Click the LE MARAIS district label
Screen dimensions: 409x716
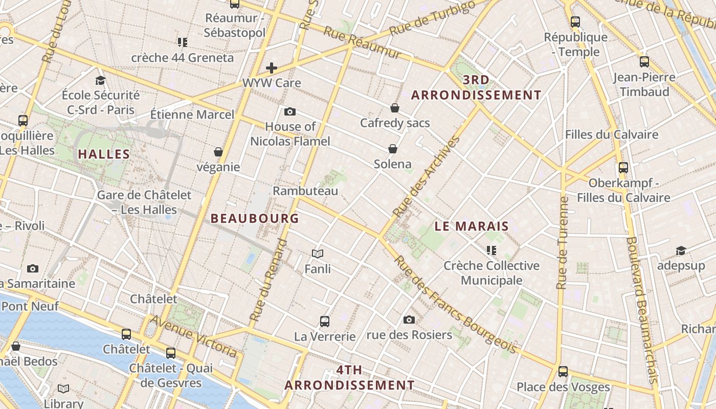click(472, 226)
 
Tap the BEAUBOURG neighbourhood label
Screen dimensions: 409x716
click(255, 218)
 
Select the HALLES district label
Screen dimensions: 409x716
click(104, 154)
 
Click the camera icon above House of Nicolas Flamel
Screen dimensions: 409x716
click(290, 112)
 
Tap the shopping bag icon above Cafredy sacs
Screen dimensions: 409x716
click(395, 108)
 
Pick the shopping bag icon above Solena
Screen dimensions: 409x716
click(393, 149)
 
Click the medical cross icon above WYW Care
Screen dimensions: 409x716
click(272, 68)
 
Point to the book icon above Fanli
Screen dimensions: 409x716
click(318, 254)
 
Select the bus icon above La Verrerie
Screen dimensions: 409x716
click(325, 322)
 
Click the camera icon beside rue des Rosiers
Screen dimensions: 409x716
click(409, 320)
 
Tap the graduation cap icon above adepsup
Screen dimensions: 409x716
click(681, 251)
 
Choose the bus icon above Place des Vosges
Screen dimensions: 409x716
click(563, 372)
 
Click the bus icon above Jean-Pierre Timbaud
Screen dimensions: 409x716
click(644, 62)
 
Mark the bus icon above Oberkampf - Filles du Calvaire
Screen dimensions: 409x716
click(623, 168)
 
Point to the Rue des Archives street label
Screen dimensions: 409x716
click(424, 176)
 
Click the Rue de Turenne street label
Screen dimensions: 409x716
click(563, 243)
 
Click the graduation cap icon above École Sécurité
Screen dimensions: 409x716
click(100, 80)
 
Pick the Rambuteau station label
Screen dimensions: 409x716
click(305, 191)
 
